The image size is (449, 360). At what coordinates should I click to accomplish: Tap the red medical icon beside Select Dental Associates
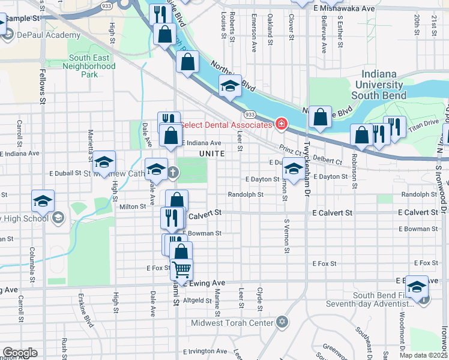coord(281,124)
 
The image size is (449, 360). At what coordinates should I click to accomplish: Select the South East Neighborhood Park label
coord(89,66)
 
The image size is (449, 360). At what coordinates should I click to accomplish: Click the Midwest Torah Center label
coord(232,323)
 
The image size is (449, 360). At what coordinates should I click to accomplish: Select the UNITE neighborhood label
coord(212,154)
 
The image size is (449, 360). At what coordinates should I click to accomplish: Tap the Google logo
coord(20,353)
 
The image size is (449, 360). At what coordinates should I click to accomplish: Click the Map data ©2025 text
coord(423,356)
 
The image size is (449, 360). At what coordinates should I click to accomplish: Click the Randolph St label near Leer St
coord(246,194)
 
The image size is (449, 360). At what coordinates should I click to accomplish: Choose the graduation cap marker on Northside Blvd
coord(230,88)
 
